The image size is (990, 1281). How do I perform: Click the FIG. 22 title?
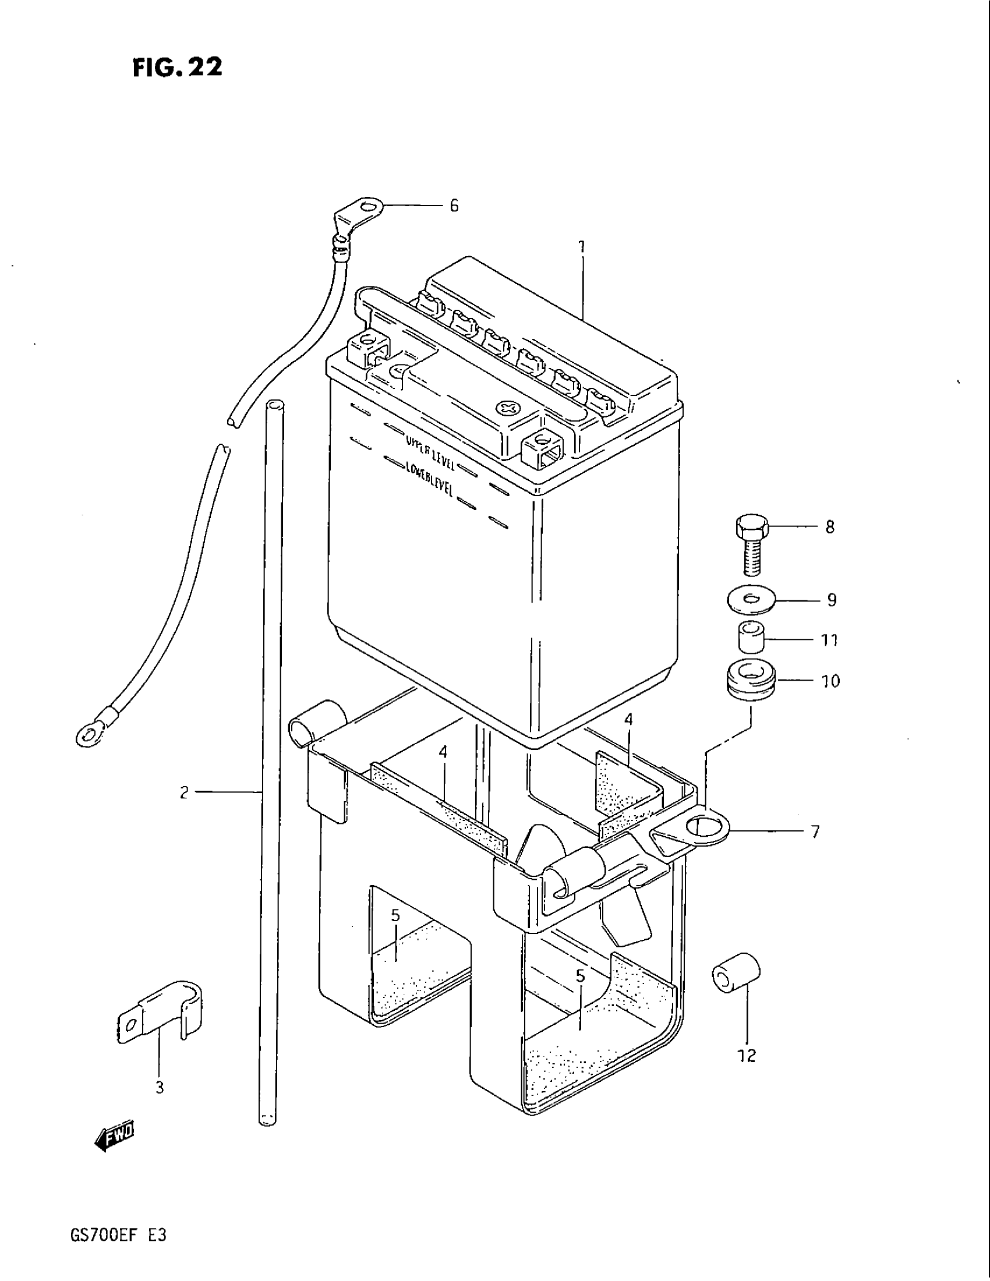tap(178, 68)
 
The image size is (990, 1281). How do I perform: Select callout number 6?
tap(454, 206)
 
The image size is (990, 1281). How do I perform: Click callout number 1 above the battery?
tap(582, 246)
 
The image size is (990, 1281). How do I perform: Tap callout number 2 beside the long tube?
tap(184, 793)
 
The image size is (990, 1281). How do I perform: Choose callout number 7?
tap(815, 831)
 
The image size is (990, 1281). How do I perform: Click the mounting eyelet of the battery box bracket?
tap(703, 827)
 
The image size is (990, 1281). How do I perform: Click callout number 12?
tap(747, 1056)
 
